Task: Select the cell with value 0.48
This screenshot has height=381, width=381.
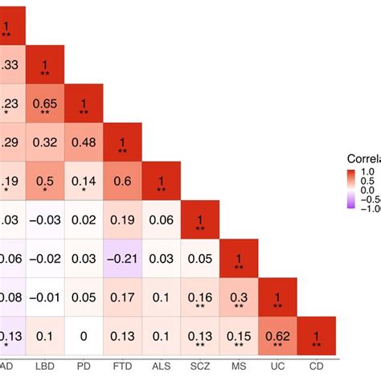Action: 84,142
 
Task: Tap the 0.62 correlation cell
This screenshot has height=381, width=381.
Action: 277,334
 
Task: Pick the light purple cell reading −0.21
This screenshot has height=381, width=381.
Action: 122,258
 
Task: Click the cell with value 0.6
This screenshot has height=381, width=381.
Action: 122,181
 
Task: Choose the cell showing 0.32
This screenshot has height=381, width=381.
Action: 46,142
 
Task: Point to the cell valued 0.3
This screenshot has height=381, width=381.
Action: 239,297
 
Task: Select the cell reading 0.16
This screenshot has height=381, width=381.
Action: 200,297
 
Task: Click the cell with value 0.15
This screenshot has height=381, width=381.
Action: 239,334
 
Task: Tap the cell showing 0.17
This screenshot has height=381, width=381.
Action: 122,297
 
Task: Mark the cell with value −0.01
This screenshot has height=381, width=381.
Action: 46,297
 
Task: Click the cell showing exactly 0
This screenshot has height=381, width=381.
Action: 84,334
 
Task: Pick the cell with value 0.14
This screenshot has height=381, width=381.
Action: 84,181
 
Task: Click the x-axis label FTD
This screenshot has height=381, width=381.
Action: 122,367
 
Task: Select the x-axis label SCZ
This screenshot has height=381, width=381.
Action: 200,367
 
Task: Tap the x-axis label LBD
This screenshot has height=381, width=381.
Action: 46,367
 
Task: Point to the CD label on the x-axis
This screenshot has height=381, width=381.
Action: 316,367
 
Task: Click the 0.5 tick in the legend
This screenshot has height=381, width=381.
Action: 369,182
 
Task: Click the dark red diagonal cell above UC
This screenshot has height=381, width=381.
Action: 277,297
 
